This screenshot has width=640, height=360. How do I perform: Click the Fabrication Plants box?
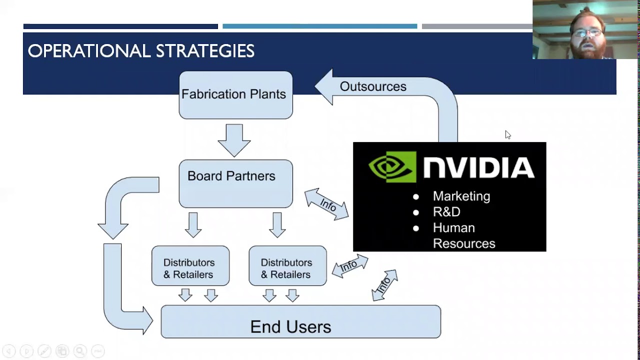(x=235, y=95)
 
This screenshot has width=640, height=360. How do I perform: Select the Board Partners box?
(x=235, y=183)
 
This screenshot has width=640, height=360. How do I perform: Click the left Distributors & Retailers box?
(x=190, y=266)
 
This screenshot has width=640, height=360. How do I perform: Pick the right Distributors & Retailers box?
(x=287, y=266)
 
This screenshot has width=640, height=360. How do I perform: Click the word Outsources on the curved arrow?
(x=373, y=86)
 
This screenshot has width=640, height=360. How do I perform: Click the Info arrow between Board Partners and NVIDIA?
(x=327, y=204)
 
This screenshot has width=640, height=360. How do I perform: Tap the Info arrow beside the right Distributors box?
(x=349, y=266)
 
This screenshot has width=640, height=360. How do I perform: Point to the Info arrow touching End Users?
(x=384, y=285)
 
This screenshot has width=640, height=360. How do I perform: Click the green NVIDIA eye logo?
(x=392, y=167)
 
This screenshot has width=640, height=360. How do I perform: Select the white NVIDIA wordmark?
(x=478, y=167)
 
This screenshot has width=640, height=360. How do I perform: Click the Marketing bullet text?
(x=461, y=196)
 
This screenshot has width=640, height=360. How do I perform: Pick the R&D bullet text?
(x=446, y=212)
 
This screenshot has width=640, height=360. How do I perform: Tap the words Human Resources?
(x=463, y=235)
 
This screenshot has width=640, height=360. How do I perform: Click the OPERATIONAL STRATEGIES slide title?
(x=141, y=51)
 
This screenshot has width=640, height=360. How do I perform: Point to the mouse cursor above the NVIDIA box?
(x=507, y=134)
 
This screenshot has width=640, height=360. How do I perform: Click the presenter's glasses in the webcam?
(x=587, y=33)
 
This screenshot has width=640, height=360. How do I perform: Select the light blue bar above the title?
(x=319, y=26)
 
